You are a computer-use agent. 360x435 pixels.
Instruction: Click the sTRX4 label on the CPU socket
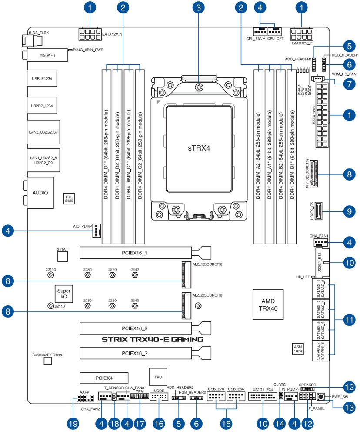[199, 148]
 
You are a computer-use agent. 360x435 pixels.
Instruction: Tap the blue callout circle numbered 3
[199, 7]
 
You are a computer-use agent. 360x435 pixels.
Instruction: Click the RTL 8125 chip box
[69, 199]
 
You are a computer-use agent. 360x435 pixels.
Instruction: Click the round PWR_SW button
[321, 397]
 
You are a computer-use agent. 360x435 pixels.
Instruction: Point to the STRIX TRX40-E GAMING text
[152, 339]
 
